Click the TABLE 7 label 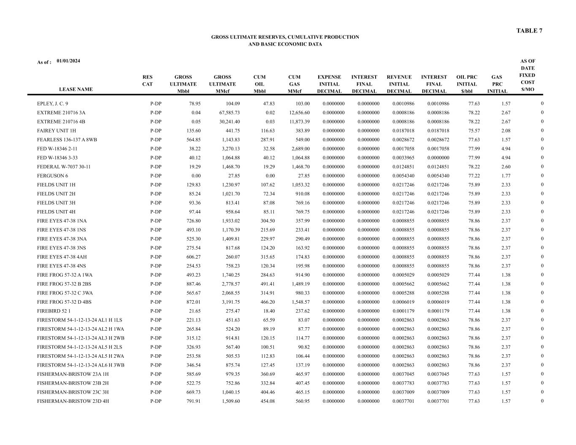point(529,31)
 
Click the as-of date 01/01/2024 point(68,61)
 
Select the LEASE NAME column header point(76,89)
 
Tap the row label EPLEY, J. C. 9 point(52,104)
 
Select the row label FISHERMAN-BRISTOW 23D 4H point(73,402)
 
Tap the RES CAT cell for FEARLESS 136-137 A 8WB point(156,140)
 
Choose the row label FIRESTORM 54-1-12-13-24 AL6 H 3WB point(81,365)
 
